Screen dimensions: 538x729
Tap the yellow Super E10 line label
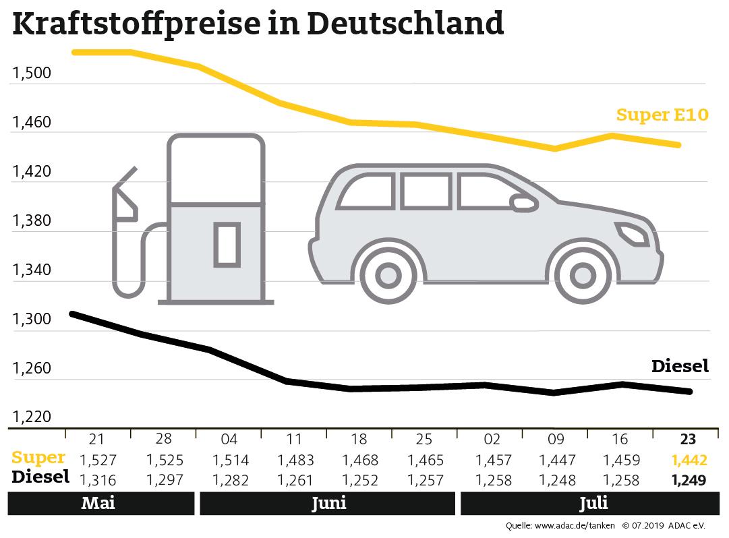[662, 115]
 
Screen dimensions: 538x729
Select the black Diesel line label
[680, 366]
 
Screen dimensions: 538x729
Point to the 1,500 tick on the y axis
[32, 73]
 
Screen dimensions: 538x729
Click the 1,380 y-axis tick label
[32, 221]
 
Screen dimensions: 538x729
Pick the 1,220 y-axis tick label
[32, 417]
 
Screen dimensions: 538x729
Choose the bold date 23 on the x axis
[687, 440]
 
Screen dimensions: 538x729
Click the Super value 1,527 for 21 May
[98, 460]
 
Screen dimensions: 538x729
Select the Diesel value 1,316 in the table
[98, 480]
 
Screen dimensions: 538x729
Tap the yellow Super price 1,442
[688, 460]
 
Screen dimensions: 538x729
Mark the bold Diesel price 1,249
[688, 480]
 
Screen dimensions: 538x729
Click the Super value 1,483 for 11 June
[295, 460]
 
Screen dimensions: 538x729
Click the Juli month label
[593, 504]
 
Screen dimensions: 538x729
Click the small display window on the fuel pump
[227, 244]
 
